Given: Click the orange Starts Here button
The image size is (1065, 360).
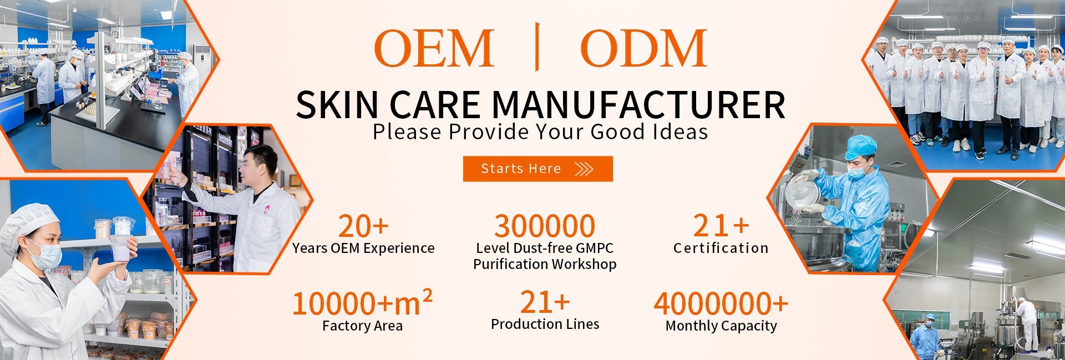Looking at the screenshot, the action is click(x=537, y=169).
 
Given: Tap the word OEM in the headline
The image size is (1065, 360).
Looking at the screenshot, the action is click(x=434, y=48).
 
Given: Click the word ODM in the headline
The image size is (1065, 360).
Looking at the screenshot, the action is click(x=643, y=48).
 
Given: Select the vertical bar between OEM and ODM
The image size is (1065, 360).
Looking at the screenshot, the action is click(x=537, y=47).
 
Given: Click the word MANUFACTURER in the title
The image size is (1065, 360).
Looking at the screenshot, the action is click(x=638, y=105).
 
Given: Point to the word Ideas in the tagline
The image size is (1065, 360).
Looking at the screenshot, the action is click(x=680, y=132).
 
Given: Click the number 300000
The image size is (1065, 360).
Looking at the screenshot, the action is click(x=545, y=226).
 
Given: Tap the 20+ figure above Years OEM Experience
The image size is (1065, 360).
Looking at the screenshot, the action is click(x=363, y=226).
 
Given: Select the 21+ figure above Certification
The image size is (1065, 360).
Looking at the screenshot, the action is click(x=721, y=226).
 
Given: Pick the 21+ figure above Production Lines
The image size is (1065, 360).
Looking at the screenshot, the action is click(x=545, y=302).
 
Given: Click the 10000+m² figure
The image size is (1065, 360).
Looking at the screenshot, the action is click(x=362, y=303).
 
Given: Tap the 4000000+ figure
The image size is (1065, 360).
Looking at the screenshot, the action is click(x=721, y=303).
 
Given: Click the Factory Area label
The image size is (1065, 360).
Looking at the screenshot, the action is click(x=362, y=326).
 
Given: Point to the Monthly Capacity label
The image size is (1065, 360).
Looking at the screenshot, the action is click(x=721, y=326).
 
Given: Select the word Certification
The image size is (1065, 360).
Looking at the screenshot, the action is click(x=721, y=248).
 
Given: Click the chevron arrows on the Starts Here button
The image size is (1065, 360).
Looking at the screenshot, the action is click(x=584, y=169).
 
